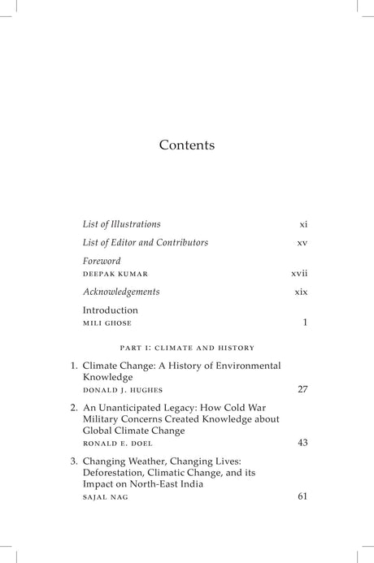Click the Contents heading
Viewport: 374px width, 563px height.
coord(187,145)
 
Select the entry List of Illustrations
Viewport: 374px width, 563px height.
coord(121,223)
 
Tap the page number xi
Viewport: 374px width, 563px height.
coord(303,224)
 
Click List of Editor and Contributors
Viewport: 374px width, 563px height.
coord(146,242)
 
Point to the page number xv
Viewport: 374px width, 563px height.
coord(302,243)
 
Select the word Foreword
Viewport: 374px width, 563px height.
coord(102,262)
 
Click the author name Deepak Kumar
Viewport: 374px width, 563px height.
coord(115,275)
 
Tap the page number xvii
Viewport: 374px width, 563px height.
coord(300,274)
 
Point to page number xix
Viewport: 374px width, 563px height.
coord(301,292)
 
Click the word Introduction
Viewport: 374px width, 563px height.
coord(111,310)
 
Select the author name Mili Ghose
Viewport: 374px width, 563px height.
coord(107,323)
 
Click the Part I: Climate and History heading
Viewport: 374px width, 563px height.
coord(187,348)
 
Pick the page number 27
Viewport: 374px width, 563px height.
coord(302,389)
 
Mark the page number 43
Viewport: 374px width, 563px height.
coord(302,443)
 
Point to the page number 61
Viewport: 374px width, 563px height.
coord(302,496)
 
